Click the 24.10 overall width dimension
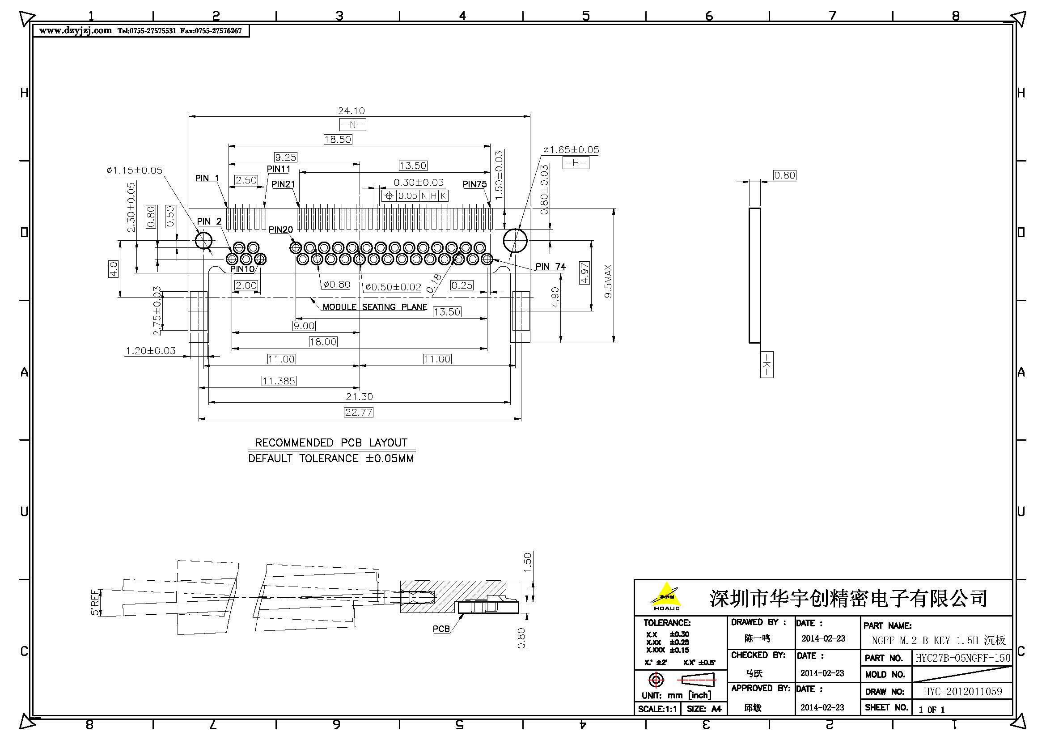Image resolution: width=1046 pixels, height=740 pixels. [x=351, y=111]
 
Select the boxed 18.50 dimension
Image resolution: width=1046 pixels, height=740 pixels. [x=338, y=140]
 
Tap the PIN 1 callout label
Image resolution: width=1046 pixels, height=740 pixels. [x=207, y=178]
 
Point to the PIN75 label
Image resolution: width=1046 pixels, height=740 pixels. [x=474, y=184]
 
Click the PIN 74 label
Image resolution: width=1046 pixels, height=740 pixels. [x=551, y=267]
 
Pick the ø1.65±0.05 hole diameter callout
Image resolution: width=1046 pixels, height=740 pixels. [x=571, y=150]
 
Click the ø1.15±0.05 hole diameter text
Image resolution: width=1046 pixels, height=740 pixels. [x=135, y=170]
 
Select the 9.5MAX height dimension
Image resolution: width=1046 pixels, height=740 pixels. [x=608, y=281]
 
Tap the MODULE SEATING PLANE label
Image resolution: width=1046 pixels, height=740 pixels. [x=374, y=307]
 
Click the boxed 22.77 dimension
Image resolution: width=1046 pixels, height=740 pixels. [x=359, y=413]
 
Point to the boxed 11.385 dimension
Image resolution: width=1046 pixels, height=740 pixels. [x=279, y=381]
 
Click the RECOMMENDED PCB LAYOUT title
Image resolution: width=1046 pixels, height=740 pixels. [x=331, y=443]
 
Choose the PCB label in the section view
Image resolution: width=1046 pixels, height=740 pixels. [x=441, y=629]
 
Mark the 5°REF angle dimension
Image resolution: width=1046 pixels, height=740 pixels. [x=95, y=602]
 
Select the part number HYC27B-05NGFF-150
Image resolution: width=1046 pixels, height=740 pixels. [x=963, y=658]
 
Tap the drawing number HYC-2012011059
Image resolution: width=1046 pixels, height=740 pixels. [x=963, y=692]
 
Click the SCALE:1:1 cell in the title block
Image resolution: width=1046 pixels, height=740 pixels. [x=657, y=709]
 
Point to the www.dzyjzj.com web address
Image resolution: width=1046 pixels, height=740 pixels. [x=75, y=30]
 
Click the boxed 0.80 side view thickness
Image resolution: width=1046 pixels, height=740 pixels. [x=784, y=175]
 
